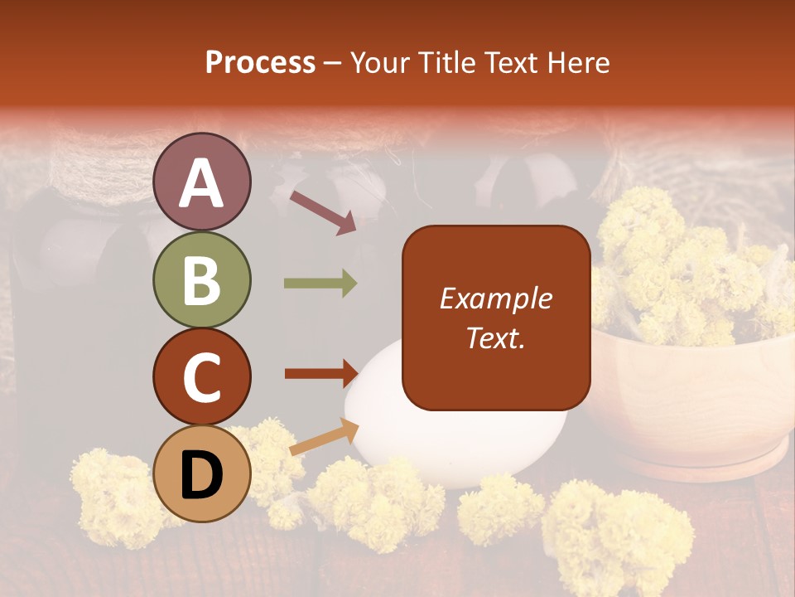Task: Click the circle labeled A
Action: pyautogui.click(x=202, y=182)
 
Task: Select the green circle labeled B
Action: pyautogui.click(x=202, y=279)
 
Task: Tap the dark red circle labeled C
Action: pyautogui.click(x=202, y=376)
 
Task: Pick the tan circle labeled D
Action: pyautogui.click(x=202, y=473)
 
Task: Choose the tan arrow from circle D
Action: pyautogui.click(x=324, y=437)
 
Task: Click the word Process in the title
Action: pyautogui.click(x=260, y=62)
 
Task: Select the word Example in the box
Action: pyautogui.click(x=495, y=298)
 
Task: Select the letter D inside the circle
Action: pyautogui.click(x=202, y=475)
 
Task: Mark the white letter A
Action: pyautogui.click(x=202, y=183)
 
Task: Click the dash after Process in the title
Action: pyautogui.click(x=333, y=64)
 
